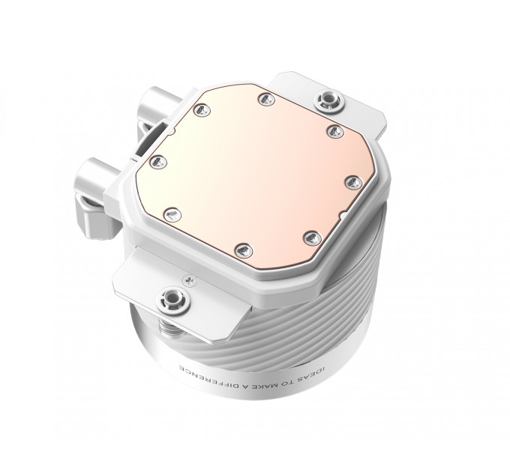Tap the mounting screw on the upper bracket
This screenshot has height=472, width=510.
pos(327,97)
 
